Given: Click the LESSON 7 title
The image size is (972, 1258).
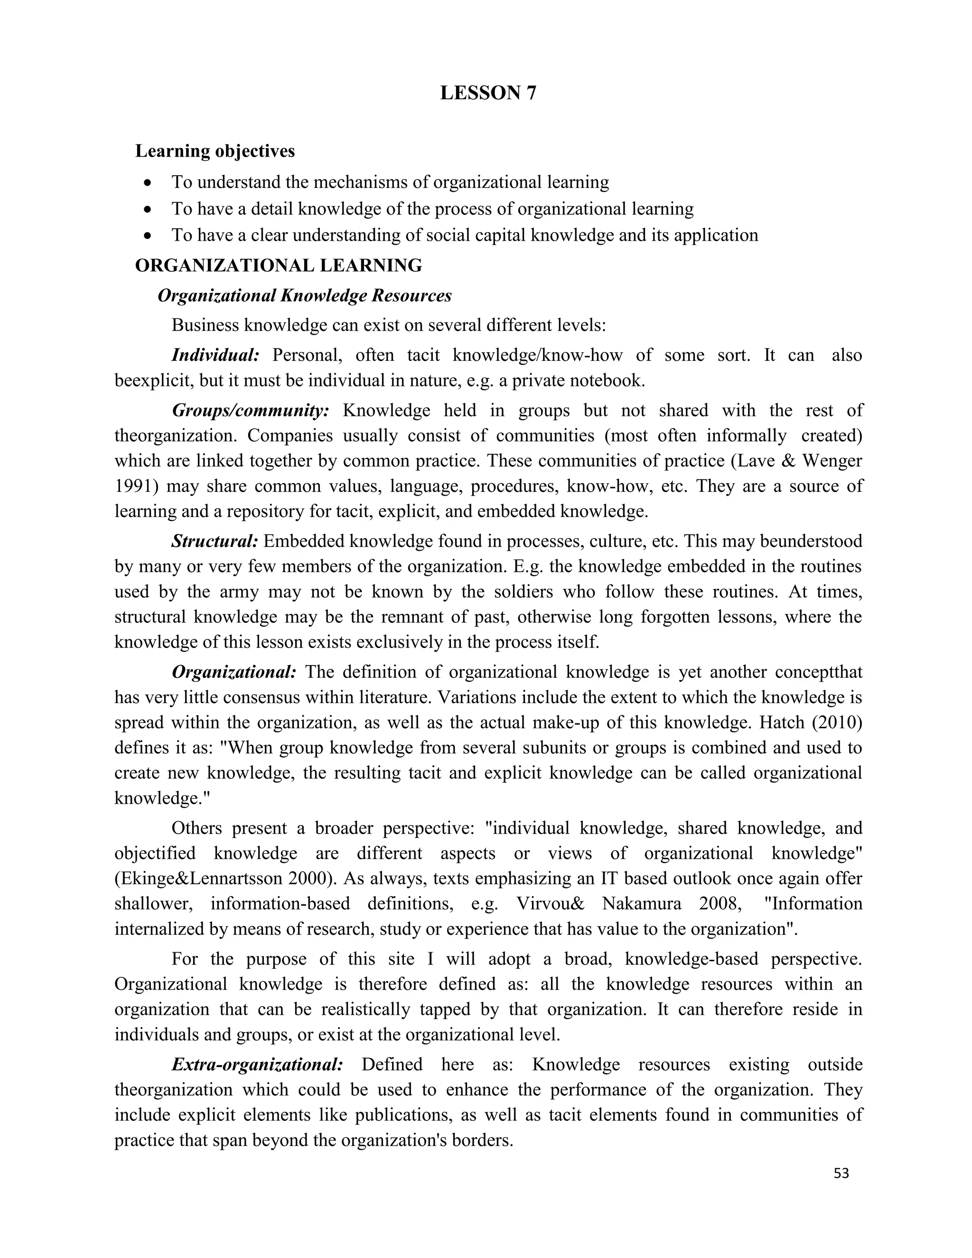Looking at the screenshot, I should [x=488, y=93].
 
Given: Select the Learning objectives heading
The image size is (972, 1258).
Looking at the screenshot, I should [x=215, y=151].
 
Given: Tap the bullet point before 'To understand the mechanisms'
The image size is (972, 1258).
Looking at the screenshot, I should [x=149, y=183].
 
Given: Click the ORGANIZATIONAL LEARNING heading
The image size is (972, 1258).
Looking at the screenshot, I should [x=279, y=265].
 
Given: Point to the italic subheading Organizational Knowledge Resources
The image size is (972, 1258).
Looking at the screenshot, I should [x=305, y=295].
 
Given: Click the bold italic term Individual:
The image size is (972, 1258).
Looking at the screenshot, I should [x=216, y=355].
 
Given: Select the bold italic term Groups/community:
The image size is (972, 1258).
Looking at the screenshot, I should [x=251, y=410].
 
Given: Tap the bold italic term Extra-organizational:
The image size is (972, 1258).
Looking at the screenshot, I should [x=257, y=1064].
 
